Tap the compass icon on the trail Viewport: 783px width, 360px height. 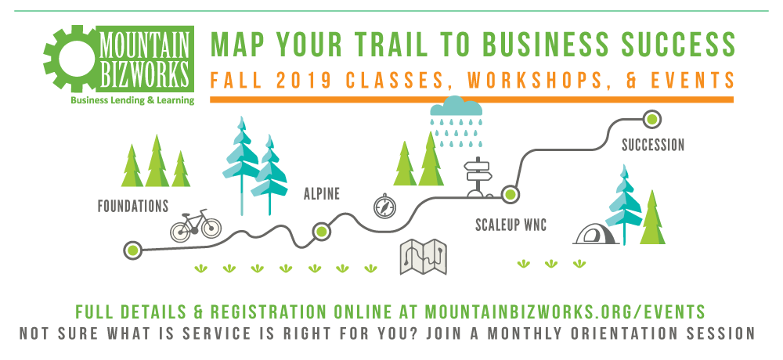(x=384, y=206)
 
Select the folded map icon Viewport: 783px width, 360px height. (x=424, y=257)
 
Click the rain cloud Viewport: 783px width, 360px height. (x=457, y=122)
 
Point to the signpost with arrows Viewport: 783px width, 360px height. (x=478, y=177)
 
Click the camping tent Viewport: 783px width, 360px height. (x=596, y=234)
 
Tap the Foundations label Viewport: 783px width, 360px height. (x=133, y=206)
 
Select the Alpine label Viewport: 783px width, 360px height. (x=322, y=194)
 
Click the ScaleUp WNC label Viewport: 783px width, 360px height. (x=511, y=225)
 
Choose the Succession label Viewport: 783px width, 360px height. (x=653, y=146)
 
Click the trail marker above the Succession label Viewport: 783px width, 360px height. (x=651, y=119)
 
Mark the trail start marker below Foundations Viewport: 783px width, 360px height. (x=133, y=250)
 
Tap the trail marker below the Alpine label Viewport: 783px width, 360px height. (x=322, y=231)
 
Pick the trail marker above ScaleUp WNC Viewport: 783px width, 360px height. (x=510, y=194)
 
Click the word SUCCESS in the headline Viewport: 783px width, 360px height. (x=677, y=45)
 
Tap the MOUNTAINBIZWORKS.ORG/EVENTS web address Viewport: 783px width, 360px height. (x=565, y=311)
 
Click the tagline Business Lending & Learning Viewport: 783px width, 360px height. (x=132, y=100)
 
